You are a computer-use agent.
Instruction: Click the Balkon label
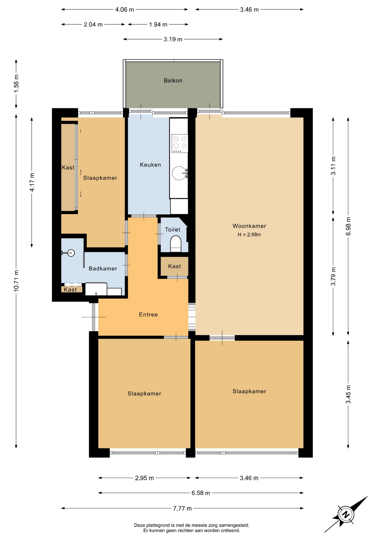click(x=173, y=80)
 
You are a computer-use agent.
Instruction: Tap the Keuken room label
click(x=150, y=165)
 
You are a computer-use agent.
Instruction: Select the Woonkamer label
click(x=249, y=226)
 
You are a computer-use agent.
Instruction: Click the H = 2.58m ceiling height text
click(x=249, y=235)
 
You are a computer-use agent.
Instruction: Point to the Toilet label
click(x=172, y=229)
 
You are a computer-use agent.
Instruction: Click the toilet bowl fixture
click(x=176, y=244)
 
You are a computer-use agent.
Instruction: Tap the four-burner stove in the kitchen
click(x=180, y=143)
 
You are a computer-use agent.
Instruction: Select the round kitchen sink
click(x=179, y=173)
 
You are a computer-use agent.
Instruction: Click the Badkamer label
click(x=103, y=269)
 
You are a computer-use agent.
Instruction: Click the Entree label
click(x=148, y=314)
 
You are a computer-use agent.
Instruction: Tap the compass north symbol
click(x=346, y=515)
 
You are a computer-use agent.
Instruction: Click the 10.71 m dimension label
click(x=16, y=281)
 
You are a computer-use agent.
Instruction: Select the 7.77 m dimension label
click(x=182, y=508)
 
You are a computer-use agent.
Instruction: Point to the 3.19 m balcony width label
click(x=173, y=39)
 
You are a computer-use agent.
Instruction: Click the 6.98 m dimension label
click(x=349, y=226)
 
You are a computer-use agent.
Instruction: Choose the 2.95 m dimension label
click(x=144, y=478)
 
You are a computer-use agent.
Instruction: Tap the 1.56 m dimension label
click(x=16, y=83)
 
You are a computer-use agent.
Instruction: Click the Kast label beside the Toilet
click(x=174, y=266)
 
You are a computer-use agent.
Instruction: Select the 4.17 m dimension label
click(x=32, y=182)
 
